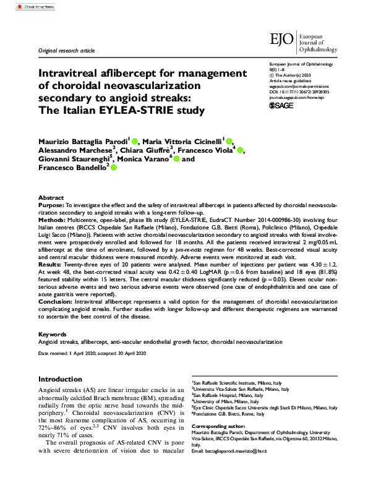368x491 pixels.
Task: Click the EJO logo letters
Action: [x=283, y=40]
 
